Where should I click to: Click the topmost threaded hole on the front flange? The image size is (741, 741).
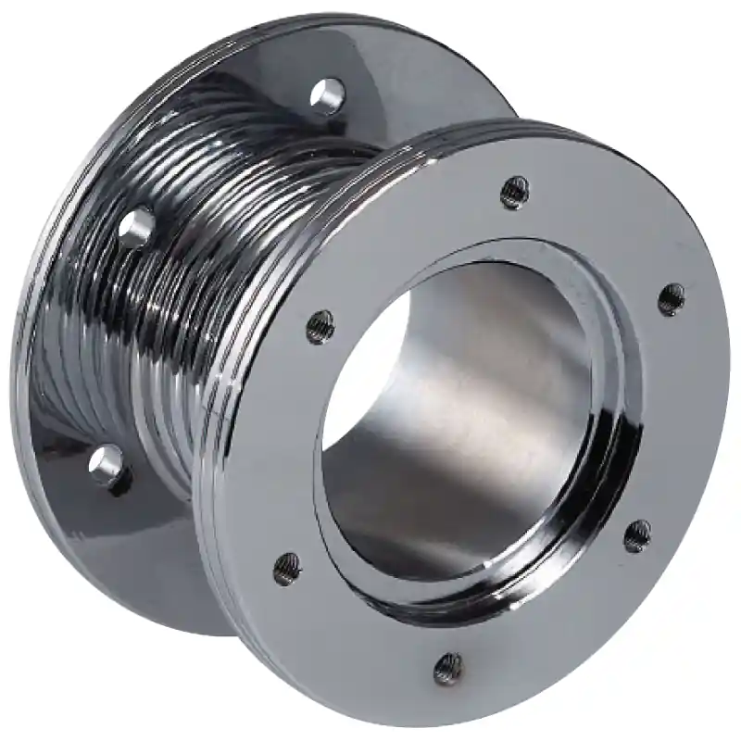pyautogui.click(x=515, y=192)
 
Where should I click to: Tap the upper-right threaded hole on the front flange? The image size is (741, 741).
pyautogui.click(x=672, y=298)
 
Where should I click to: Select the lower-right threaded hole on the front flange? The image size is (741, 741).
pyautogui.click(x=637, y=535)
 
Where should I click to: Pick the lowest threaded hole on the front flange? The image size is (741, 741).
pyautogui.click(x=448, y=666)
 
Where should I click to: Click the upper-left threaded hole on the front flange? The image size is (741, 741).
pyautogui.click(x=320, y=326)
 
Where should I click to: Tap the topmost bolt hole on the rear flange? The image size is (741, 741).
pyautogui.click(x=327, y=95)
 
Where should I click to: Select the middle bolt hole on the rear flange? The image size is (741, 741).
pyautogui.click(x=137, y=226)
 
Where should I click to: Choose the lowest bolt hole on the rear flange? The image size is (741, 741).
pyautogui.click(x=108, y=465)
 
